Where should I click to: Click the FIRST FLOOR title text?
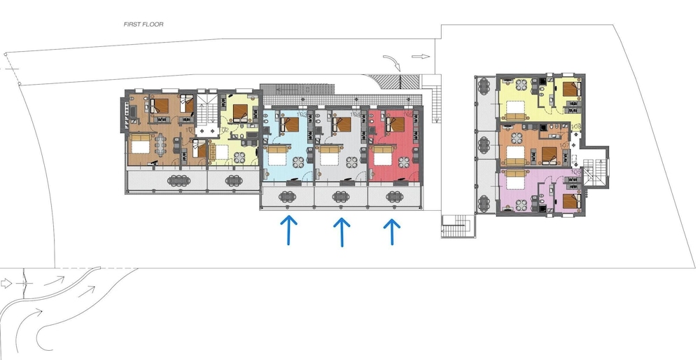[x=143, y=24]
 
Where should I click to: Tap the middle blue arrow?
[x=341, y=231]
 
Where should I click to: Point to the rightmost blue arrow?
[x=392, y=231]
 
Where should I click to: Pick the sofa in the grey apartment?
[x=330, y=150]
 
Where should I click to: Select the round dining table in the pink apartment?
[x=521, y=205]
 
